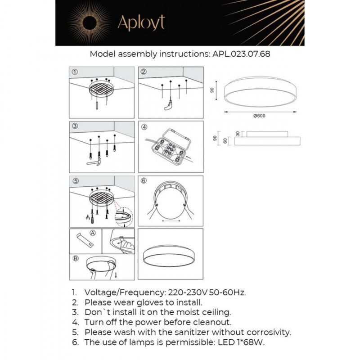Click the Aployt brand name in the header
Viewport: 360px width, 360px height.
[141, 22]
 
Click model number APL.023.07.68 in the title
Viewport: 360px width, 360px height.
[241, 54]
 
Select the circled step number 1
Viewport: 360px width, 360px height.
[75, 72]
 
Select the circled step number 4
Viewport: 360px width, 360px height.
[144, 127]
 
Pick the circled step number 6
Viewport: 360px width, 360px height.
[144, 181]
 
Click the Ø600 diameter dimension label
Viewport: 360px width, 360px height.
[259, 116]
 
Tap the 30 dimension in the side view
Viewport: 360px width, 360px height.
[238, 133]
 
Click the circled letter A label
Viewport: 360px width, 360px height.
[93, 233]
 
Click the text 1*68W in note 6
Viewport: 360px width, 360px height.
[258, 343]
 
